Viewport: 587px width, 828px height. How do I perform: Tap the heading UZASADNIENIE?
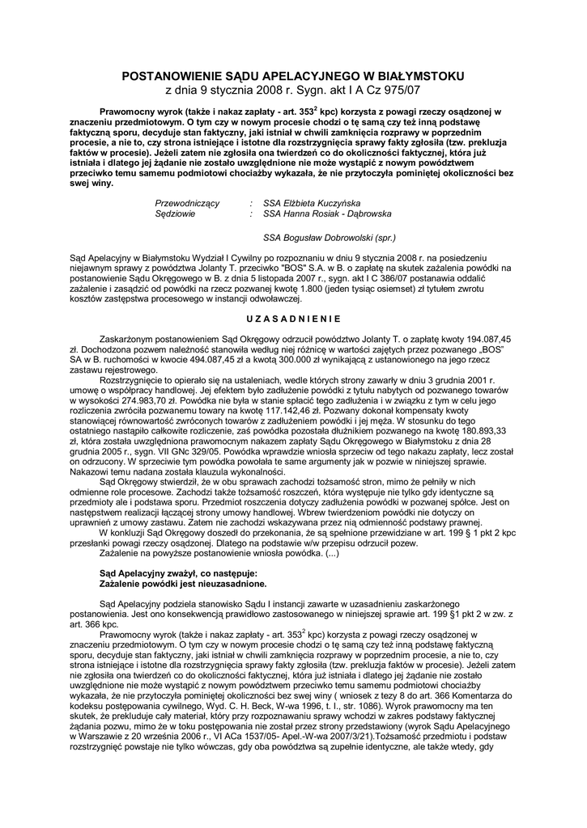click(x=293, y=317)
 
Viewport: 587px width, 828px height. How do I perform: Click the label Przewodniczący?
click(x=187, y=203)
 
